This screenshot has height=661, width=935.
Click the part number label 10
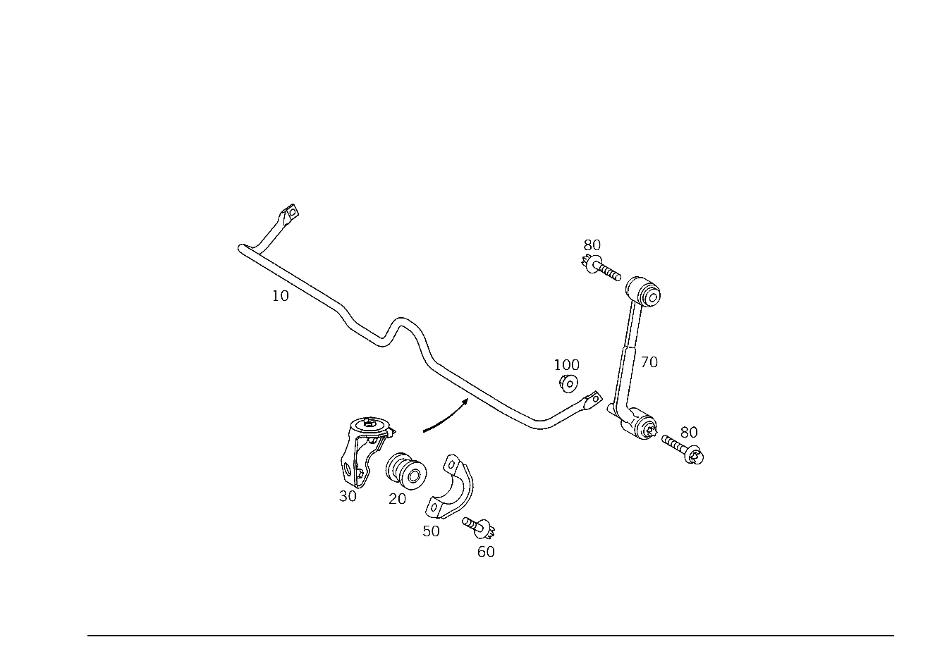tap(280, 296)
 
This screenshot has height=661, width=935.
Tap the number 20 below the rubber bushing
tap(397, 499)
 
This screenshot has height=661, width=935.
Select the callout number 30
tap(348, 496)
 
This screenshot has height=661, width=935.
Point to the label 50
tap(431, 531)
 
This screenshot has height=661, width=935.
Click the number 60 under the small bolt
tap(486, 552)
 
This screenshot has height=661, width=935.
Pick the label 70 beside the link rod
tap(649, 362)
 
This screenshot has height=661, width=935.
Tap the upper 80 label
tap(592, 245)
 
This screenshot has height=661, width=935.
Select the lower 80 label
tap(689, 433)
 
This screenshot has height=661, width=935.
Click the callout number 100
tap(566, 365)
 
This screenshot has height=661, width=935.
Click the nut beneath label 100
tap(568, 383)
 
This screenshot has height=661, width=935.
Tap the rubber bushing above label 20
tap(405, 471)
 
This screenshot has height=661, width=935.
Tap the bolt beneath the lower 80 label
tap(683, 449)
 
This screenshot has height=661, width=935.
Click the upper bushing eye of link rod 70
tap(643, 291)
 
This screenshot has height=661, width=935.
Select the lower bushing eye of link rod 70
tap(640, 426)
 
